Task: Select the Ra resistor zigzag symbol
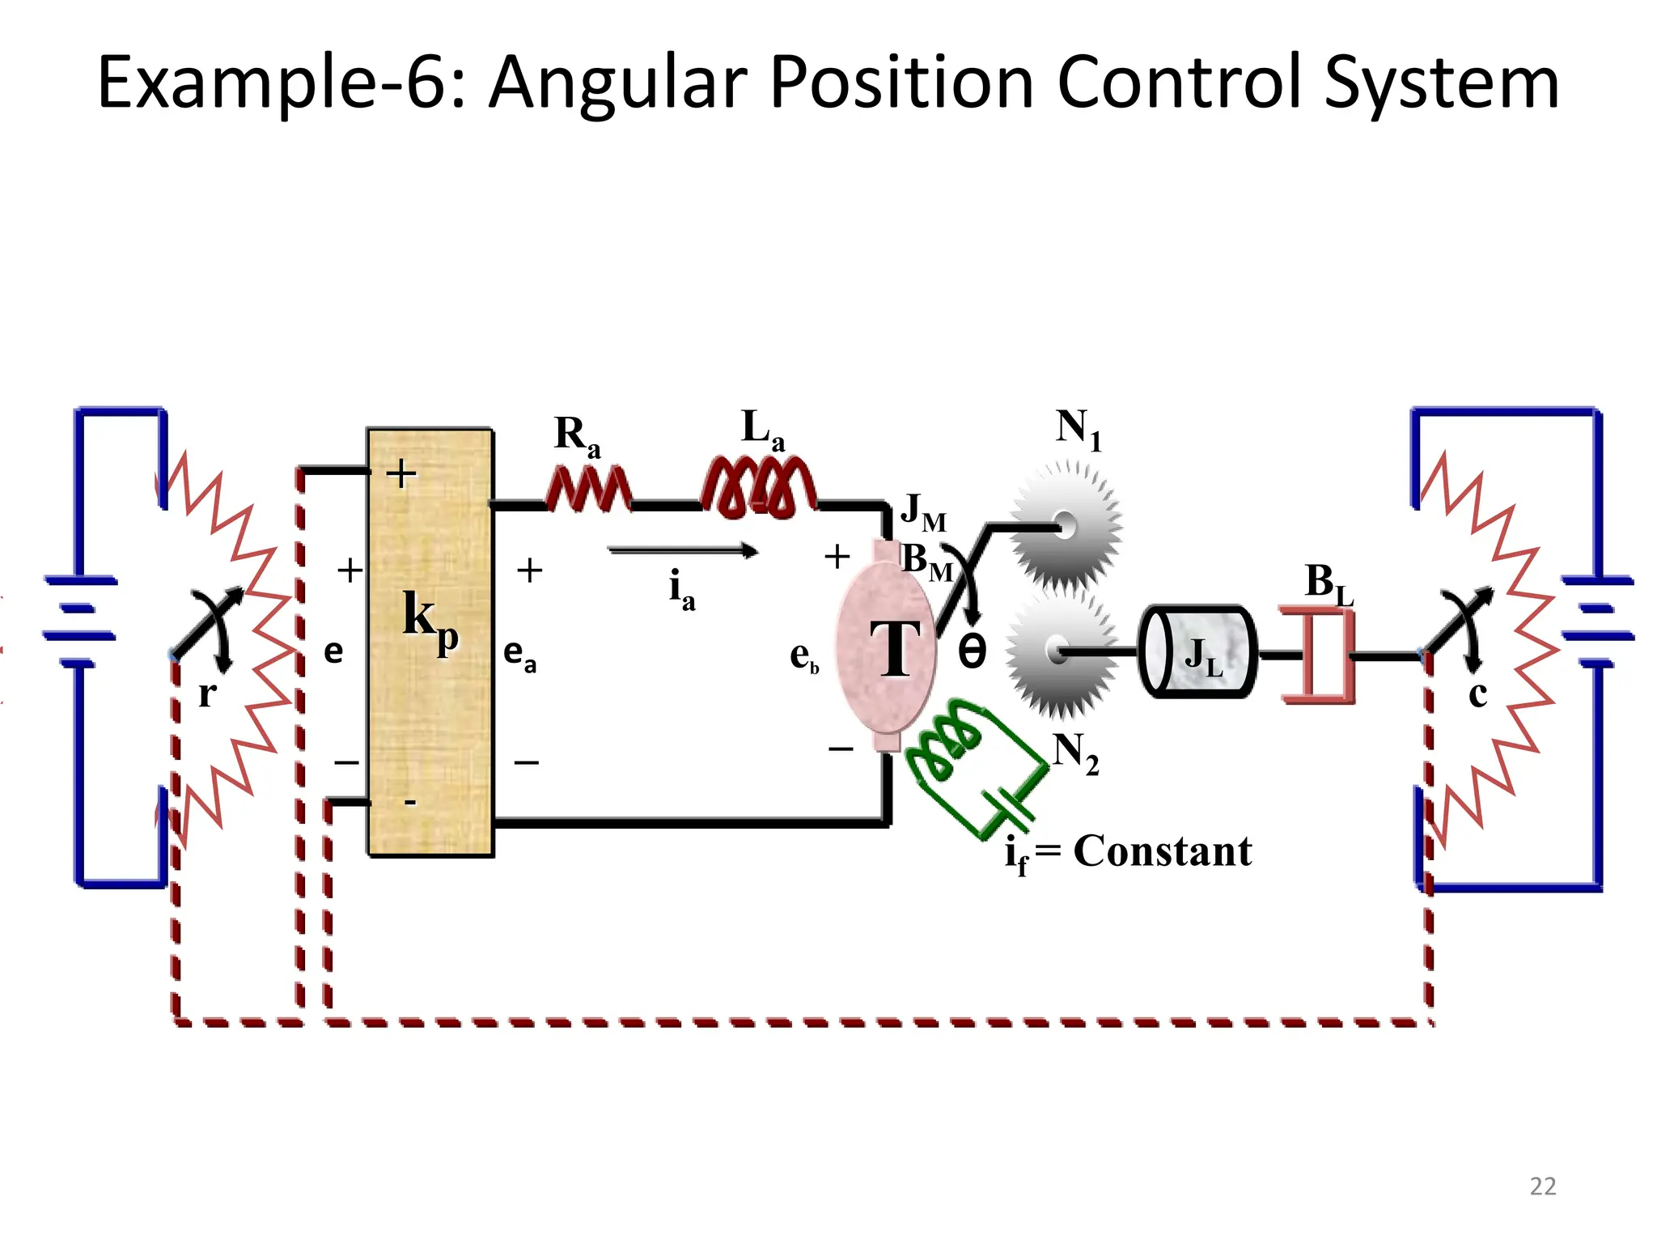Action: (588, 490)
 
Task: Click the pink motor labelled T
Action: (886, 647)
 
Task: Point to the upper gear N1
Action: (1066, 526)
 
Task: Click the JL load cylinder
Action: (1197, 652)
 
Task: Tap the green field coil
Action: (947, 740)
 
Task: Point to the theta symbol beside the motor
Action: (972, 651)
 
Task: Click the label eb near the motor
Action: (803, 656)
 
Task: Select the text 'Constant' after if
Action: (1162, 851)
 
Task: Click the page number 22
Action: (1542, 1186)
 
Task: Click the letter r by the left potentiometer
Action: (207, 694)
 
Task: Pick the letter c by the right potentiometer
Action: (1477, 694)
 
